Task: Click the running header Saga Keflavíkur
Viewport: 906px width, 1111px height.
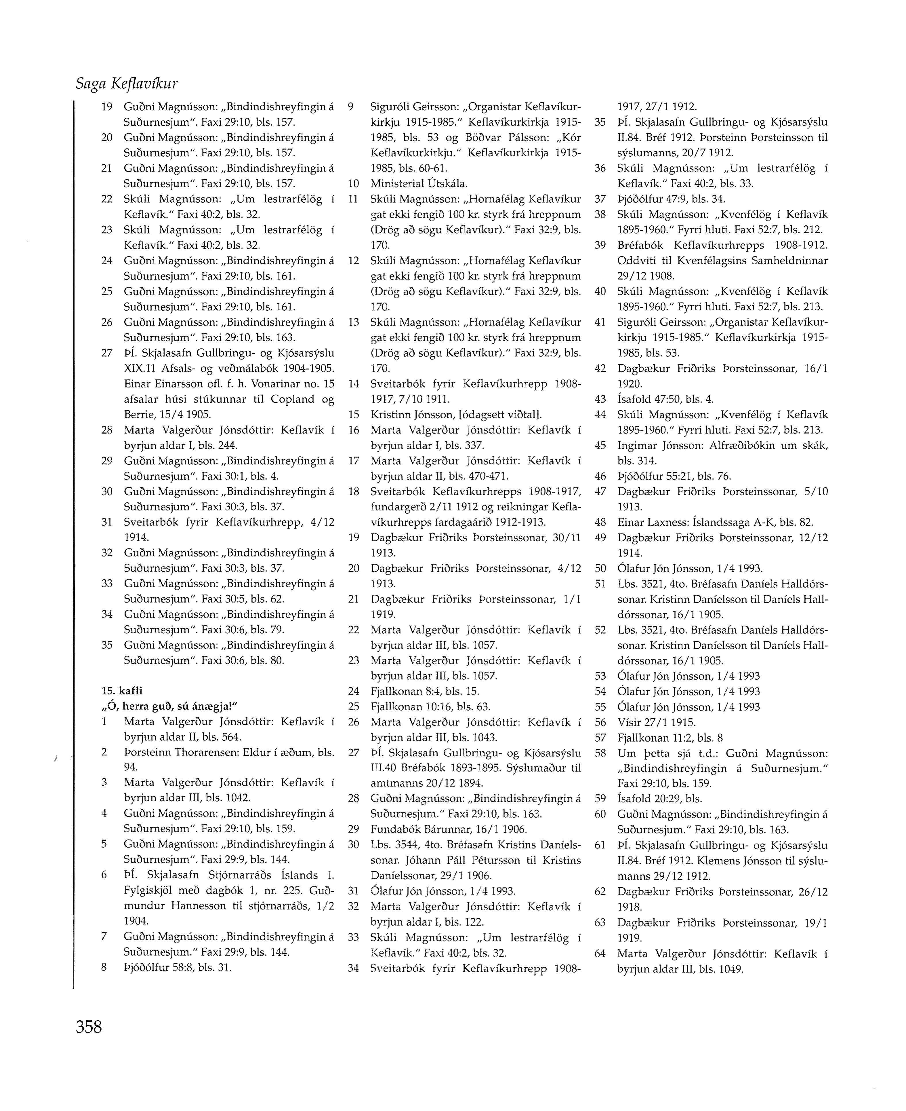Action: (x=127, y=83)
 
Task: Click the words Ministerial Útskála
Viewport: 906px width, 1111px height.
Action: (x=419, y=184)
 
